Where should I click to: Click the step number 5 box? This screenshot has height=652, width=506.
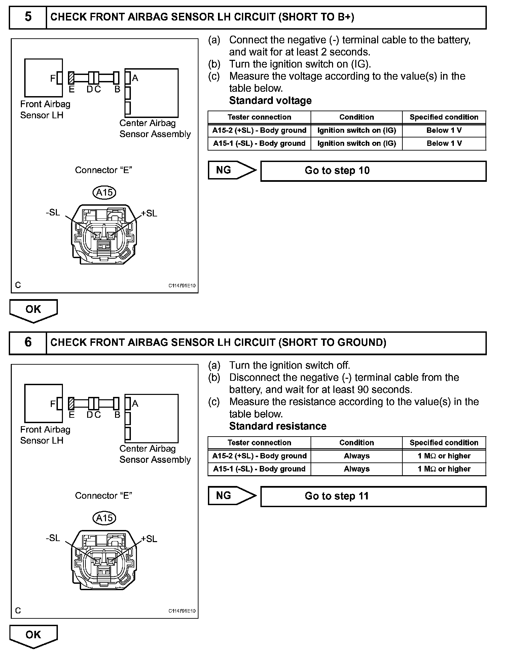28,17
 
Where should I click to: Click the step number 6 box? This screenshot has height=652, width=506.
28,342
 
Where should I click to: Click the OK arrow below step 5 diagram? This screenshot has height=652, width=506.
33,310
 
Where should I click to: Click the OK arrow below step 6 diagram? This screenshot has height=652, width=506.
33,636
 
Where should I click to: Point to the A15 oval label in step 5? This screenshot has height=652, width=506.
104,193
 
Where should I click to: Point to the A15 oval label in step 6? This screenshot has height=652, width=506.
104,518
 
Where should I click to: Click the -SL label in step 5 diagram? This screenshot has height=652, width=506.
53,212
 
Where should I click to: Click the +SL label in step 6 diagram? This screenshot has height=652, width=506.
149,539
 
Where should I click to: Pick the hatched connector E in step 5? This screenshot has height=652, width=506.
71,78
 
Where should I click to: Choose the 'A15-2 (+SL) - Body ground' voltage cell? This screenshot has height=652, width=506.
259,130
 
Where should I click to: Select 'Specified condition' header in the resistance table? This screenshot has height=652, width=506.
444,443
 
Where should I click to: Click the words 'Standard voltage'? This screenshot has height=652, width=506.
270,100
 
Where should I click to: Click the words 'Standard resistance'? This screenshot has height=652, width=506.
278,426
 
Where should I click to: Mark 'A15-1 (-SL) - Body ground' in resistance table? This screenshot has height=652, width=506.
259,469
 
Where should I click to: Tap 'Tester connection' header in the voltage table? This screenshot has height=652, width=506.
259,117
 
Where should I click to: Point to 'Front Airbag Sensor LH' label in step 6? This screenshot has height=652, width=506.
45,435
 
